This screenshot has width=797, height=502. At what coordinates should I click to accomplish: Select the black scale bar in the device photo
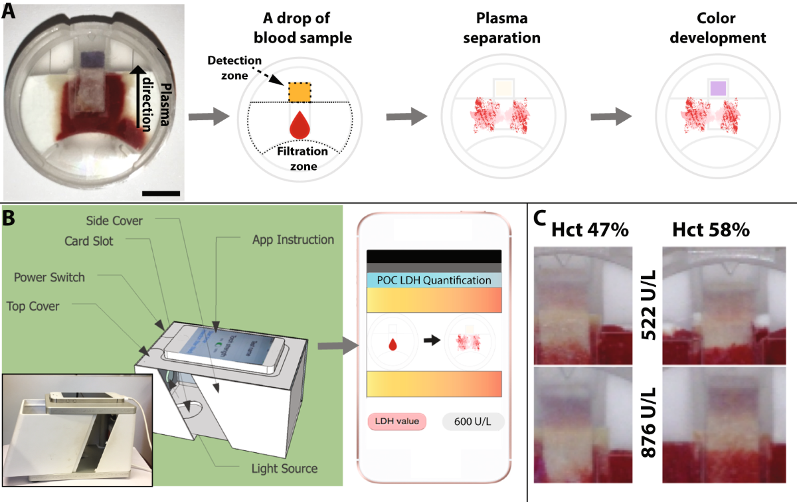pyautogui.click(x=161, y=193)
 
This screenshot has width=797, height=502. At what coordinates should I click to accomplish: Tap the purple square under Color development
pyautogui.click(x=717, y=88)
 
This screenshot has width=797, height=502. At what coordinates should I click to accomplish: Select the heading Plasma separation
pyautogui.click(x=492, y=29)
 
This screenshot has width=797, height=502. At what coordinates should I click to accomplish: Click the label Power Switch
pyautogui.click(x=50, y=277)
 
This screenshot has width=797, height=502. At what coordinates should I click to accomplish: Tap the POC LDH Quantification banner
pyautogui.click(x=434, y=280)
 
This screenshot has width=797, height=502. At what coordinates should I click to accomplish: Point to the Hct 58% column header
pyautogui.click(x=711, y=230)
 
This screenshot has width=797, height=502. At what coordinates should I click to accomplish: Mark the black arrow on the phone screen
pyautogui.click(x=433, y=340)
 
